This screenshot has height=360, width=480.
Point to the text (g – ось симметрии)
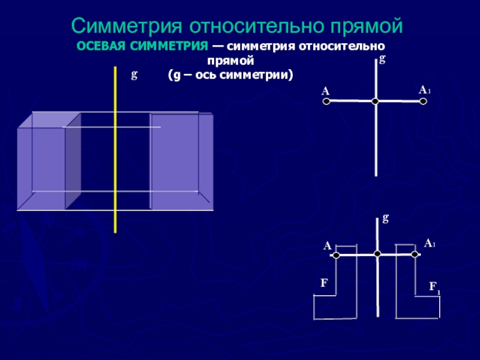point(230,76)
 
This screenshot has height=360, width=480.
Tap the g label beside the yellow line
point(134,75)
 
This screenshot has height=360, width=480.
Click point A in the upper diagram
point(326,102)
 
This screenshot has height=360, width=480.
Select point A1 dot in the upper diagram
point(423,102)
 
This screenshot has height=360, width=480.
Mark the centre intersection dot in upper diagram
point(375,102)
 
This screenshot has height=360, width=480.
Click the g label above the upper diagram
point(382,59)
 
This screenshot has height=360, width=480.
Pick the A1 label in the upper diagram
point(425,90)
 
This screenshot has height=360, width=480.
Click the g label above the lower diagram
point(385,219)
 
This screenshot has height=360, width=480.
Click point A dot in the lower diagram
point(336,256)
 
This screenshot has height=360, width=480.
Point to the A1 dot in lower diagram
point(415,254)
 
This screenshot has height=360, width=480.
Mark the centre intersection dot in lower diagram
point(377,254)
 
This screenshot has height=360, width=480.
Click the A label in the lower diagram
point(328,246)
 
